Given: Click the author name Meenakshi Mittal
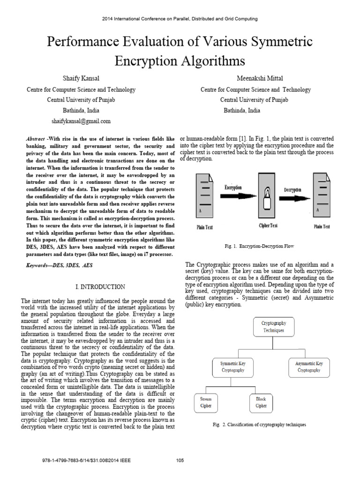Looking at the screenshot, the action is point(255,78).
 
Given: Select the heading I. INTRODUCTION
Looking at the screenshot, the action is point(100,286).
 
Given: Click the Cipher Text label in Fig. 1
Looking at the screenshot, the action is point(268,225).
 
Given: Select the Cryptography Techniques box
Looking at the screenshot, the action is point(274,327).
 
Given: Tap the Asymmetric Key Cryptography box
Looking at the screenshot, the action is point(308,367).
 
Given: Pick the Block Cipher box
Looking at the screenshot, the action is point(260,403).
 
